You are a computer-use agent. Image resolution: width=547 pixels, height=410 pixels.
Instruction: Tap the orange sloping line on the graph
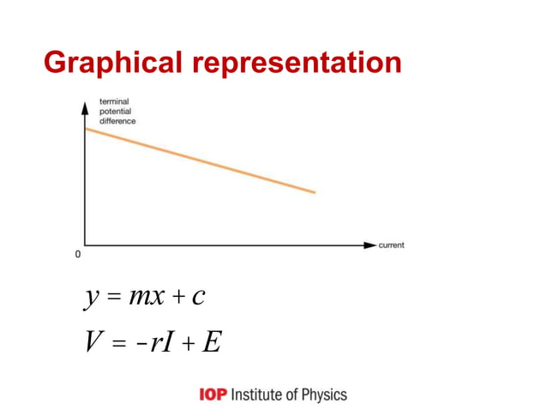tap(200, 160)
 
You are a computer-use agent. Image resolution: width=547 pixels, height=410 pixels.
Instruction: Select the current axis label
tap(391, 245)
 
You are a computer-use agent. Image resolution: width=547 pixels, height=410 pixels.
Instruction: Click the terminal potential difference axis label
tap(118, 112)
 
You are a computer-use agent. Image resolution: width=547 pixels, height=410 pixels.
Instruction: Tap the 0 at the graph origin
tap(77, 255)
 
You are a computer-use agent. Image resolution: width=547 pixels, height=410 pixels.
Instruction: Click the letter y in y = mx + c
tap(91, 298)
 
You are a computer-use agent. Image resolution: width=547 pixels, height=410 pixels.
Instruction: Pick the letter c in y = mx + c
tap(198, 298)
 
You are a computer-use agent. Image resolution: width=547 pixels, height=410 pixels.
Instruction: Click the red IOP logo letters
tap(212, 395)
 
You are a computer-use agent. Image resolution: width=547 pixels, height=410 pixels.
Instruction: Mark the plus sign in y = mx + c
tap(177, 298)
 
